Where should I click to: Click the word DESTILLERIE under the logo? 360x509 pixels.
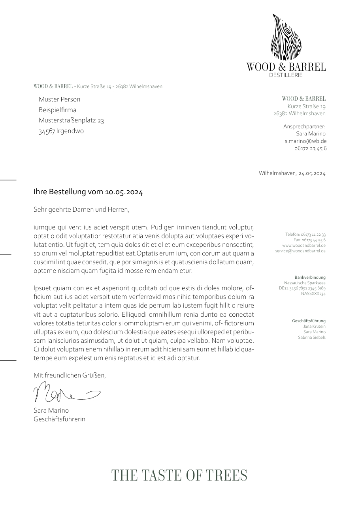point(286,75)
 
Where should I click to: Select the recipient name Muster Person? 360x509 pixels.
point(59,99)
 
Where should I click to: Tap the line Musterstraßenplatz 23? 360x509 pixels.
point(71,120)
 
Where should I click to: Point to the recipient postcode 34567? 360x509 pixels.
point(47,131)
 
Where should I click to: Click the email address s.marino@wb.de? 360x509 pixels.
point(305,141)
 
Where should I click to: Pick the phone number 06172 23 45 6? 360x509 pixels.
point(310,148)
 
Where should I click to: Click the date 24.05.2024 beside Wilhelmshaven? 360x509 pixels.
point(312,173)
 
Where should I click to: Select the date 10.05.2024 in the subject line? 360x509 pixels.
point(124,192)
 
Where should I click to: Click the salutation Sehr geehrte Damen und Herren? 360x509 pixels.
point(81,209)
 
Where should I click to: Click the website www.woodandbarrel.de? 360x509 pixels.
point(304,245)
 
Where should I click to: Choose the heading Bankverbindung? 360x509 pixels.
point(310,278)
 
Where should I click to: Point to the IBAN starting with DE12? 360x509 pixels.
point(302,288)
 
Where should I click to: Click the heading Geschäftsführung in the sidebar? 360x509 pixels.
point(309,321)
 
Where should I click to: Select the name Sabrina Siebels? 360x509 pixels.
point(312,338)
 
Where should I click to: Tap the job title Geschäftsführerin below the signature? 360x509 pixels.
point(59,419)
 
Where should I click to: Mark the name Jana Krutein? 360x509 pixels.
point(314,327)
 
